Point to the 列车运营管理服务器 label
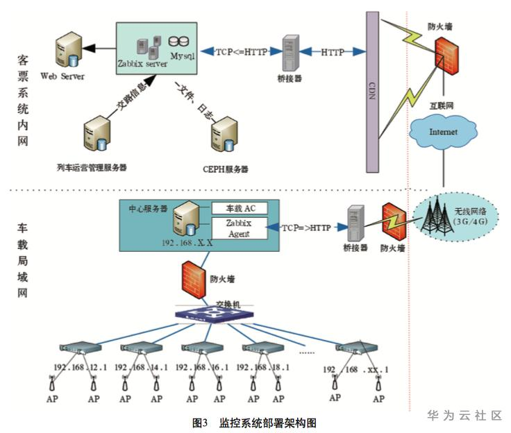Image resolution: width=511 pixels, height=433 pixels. (92, 167)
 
